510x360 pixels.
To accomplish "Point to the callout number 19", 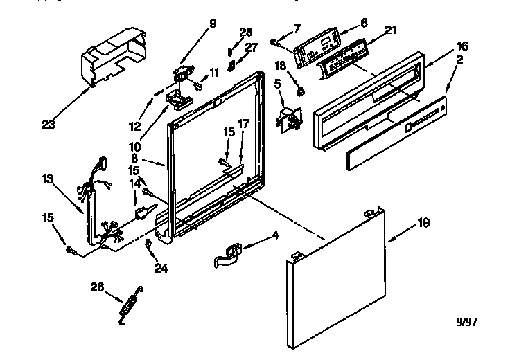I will coord(423,223).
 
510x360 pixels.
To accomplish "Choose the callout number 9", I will coord(213,24).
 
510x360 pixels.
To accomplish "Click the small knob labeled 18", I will coord(300,89).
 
